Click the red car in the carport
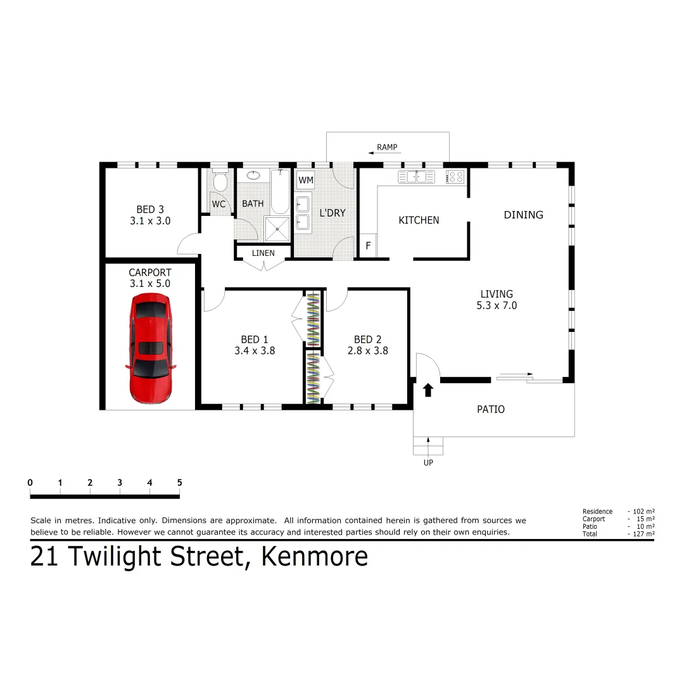(151, 348)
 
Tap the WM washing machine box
(306, 180)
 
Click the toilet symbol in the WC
(220, 182)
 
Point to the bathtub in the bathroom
(280, 192)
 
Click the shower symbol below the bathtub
(276, 228)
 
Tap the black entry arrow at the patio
(428, 389)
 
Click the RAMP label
(387, 148)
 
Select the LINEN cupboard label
(263, 253)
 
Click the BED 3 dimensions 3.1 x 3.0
(150, 222)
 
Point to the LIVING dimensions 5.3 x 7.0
(497, 305)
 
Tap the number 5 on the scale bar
(179, 483)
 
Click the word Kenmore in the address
(315, 557)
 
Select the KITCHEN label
(419, 220)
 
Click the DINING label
(523, 215)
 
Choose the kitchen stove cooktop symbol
(456, 177)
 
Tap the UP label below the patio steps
(428, 462)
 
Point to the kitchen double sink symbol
(415, 177)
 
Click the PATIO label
(491, 410)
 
